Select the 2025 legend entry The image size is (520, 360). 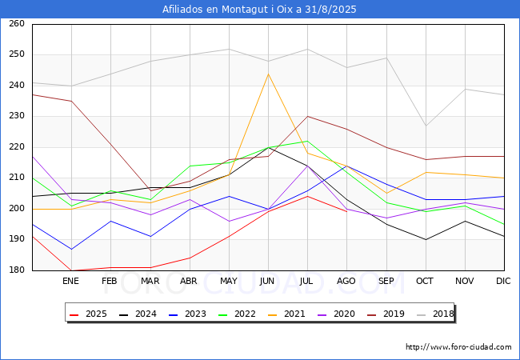click(88, 314)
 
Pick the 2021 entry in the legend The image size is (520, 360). click(286, 314)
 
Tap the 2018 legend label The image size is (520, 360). click(443, 314)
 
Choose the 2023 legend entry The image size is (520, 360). click(187, 314)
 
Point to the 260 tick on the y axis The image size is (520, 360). click(17, 23)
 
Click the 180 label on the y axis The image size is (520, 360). click(17, 270)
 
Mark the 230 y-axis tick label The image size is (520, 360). click(17, 116)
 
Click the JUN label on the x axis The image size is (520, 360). click(267, 281)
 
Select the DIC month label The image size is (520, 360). click(503, 281)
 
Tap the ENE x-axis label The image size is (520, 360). click(70, 281)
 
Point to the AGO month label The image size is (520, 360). click(346, 281)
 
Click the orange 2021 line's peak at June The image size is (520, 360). click(268, 74)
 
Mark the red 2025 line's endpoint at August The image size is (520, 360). click(347, 212)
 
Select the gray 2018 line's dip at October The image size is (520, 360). click(426, 126)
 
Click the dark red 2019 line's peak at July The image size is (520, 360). click(308, 116)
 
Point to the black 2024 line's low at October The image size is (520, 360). click(426, 240)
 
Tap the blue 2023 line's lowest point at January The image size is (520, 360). click(72, 249)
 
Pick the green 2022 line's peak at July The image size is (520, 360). click(308, 142)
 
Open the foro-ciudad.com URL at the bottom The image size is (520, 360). click(458, 347)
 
